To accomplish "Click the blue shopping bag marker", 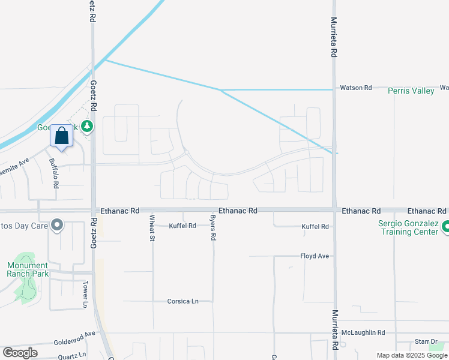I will [61, 136].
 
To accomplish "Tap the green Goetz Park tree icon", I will [88, 126].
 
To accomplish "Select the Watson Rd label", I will [356, 88].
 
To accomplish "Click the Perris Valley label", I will [411, 91].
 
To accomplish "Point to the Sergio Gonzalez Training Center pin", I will [445, 227].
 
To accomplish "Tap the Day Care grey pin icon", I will [57, 226].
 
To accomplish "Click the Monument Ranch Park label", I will [28, 269].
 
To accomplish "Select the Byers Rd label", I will [212, 228].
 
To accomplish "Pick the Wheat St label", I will [152, 228].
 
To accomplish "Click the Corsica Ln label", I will [183, 301].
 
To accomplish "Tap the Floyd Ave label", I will [315, 256].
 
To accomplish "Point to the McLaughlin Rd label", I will [363, 332].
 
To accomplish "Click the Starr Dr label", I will [426, 342].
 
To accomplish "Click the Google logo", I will [20, 353].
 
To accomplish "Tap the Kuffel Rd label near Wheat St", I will [182, 226].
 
